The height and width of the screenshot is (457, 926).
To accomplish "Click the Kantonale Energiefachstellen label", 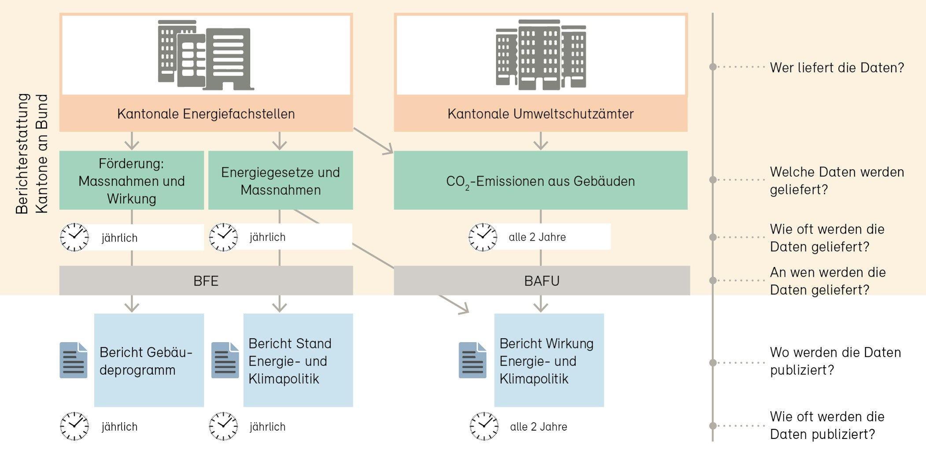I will coord(206,114).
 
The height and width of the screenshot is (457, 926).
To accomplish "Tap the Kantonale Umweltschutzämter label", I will coord(540,114).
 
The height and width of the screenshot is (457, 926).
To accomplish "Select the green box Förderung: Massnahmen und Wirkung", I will coord(131,181).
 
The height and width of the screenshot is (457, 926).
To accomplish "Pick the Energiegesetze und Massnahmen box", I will coord(280,181).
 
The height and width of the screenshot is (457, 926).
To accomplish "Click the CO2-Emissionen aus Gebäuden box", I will coord(540,181).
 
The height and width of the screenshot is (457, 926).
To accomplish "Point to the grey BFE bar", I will coord(206,281).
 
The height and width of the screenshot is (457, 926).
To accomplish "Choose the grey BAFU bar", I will coord(542,281).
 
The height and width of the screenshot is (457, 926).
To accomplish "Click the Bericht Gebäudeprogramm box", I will coord(149,360).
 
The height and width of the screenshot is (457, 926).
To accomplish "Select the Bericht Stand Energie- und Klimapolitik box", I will coord(298,360).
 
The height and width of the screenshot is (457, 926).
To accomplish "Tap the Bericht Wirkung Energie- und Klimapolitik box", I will coord(549,360).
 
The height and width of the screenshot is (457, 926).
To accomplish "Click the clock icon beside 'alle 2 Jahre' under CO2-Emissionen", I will coord(483,237).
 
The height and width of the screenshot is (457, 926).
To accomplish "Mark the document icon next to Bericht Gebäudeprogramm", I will coord(74,360).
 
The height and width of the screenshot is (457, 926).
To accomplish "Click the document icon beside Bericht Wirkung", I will coord(472,360).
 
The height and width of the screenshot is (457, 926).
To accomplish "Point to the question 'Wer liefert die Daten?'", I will coord(837,68).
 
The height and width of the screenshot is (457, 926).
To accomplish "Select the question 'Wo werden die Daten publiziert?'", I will coord(835,361).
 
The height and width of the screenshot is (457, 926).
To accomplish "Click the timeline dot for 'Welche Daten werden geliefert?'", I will coord(713,179).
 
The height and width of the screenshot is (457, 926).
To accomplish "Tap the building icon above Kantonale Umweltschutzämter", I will coord(541,55).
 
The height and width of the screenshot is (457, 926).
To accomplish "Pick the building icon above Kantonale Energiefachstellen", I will coord(205,55).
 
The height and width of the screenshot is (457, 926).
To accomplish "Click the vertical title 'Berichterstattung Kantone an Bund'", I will coord(32,154).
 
